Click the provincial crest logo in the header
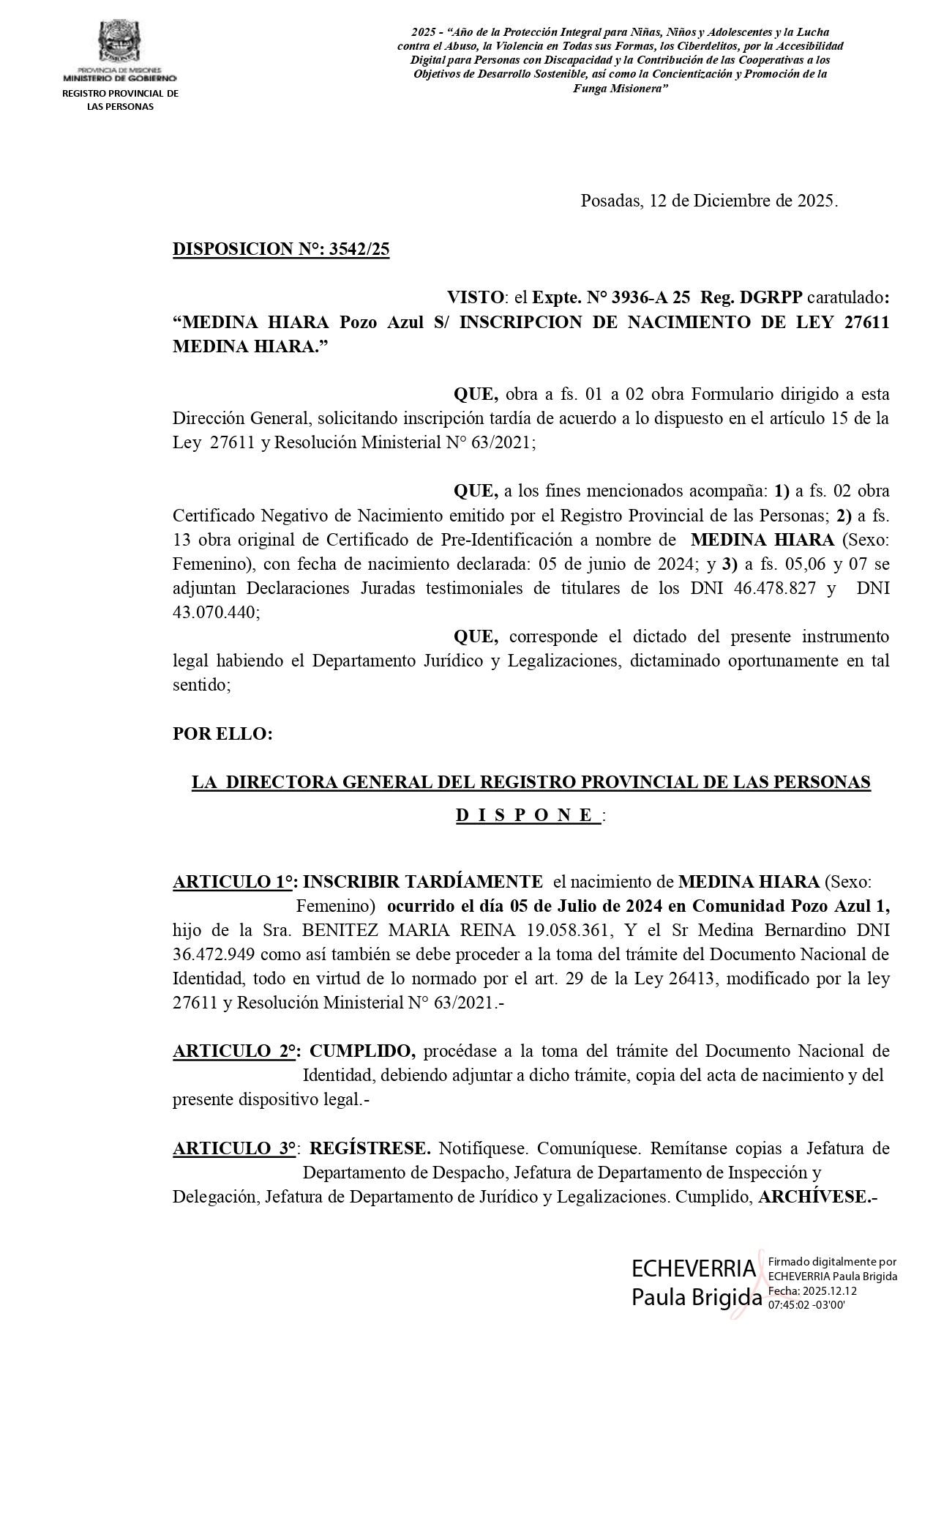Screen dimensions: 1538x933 119,42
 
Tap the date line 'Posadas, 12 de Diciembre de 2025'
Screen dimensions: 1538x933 708,201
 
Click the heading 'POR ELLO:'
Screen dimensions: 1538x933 222,734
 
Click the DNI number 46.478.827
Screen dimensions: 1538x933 774,588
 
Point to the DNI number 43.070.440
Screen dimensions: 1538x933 216,612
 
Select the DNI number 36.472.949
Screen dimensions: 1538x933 215,954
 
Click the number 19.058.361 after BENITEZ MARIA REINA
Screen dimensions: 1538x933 573,930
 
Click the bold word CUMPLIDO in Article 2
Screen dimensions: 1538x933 363,1051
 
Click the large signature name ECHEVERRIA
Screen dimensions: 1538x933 694,1268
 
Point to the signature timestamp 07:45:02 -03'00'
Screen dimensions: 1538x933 806,1304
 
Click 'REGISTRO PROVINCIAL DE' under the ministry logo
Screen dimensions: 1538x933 120,93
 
